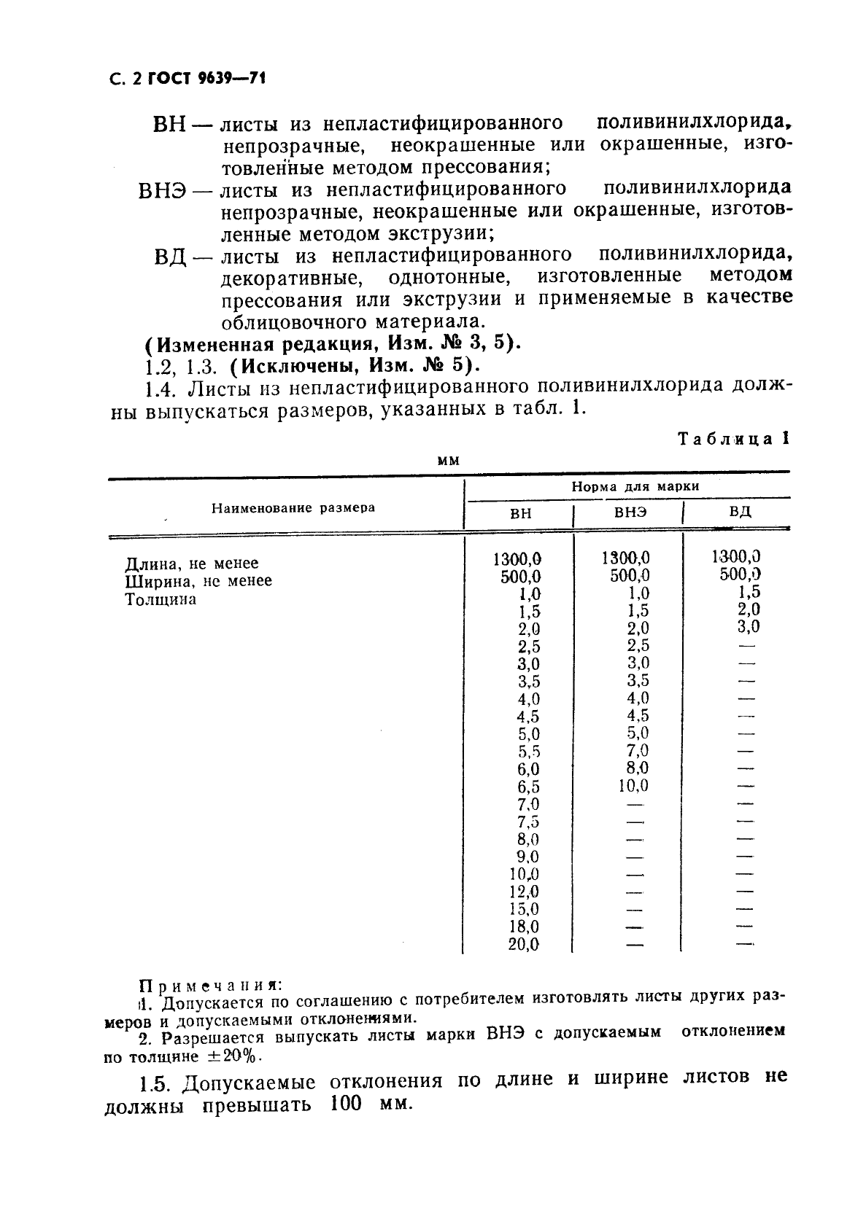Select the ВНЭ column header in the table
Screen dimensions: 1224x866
[629, 512]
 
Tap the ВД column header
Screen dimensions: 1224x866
[739, 510]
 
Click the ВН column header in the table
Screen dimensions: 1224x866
[520, 513]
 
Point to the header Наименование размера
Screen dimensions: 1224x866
[293, 507]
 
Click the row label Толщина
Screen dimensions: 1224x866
[161, 599]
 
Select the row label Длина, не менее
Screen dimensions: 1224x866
[192, 564]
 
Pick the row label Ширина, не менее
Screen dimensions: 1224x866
[198, 581]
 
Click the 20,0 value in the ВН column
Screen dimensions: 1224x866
[523, 945]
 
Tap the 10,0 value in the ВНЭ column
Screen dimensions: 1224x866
[632, 786]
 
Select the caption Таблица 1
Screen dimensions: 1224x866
[734, 440]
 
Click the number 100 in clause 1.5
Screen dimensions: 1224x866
[345, 1104]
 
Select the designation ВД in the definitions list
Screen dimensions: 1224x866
[171, 257]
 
